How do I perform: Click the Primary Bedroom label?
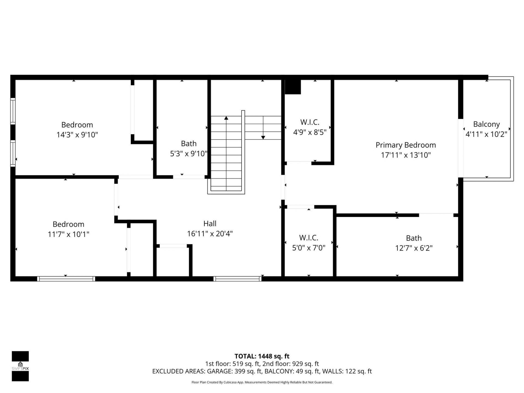click(406, 145)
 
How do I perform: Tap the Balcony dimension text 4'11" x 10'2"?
click(486, 134)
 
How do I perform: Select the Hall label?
click(210, 224)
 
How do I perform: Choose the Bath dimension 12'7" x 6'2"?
click(413, 248)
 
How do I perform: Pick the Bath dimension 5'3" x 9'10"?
click(189, 154)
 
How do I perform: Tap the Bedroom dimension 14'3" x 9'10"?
click(77, 135)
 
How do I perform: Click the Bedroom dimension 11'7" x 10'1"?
click(68, 234)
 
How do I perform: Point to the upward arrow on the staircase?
click(226, 118)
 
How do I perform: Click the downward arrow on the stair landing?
click(263, 137)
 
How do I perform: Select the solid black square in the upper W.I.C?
click(293, 87)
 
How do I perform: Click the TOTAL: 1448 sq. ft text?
click(262, 356)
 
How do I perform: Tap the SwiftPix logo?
click(20, 366)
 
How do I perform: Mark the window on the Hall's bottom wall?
click(237, 279)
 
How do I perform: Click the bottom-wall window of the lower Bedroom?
click(66, 279)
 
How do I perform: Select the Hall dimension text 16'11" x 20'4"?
click(210, 234)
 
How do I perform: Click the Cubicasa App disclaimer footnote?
click(262, 382)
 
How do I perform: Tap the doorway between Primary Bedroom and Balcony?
click(460, 148)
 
